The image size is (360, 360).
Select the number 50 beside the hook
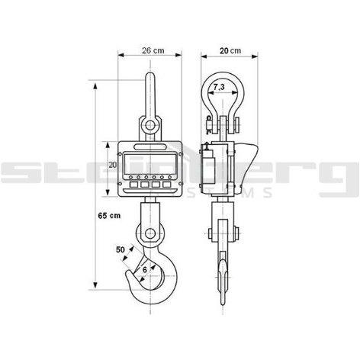point(120,249)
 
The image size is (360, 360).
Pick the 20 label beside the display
point(112,164)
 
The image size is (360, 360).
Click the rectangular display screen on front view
point(149,164)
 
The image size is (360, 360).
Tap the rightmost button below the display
point(167,184)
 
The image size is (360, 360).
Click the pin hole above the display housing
point(149,124)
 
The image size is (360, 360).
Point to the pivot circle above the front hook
point(150,232)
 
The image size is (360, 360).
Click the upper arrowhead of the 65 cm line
point(95,86)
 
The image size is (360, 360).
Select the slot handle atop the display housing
point(149,144)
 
